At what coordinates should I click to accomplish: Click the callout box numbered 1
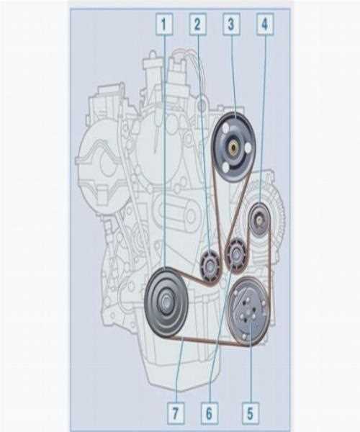tap(164, 24)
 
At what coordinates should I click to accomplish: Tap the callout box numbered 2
tap(198, 24)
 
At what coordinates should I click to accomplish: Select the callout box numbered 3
tap(231, 24)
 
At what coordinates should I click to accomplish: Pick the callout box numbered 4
tap(265, 24)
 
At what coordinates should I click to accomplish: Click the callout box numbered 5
tap(251, 413)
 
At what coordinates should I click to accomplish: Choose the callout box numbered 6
tap(210, 413)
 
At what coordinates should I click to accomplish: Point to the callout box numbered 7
tap(176, 413)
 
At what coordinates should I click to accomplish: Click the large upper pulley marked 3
tap(234, 147)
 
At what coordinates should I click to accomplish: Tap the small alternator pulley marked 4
tap(260, 220)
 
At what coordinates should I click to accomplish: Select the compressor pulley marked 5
tap(248, 312)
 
